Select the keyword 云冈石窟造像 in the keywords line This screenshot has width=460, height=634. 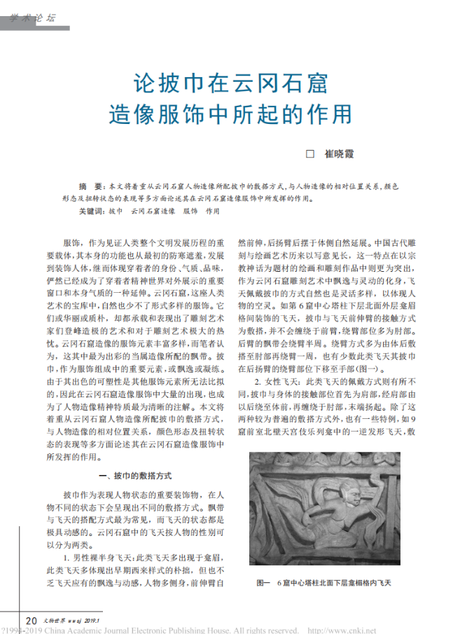(152, 209)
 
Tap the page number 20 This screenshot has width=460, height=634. (32, 620)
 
